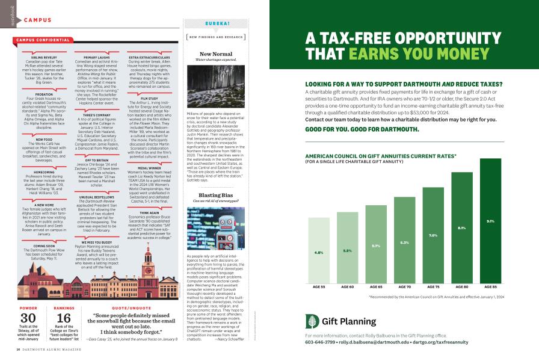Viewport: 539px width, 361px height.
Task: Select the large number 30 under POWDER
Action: click(28, 319)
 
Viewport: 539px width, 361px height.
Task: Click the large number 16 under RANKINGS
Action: click(64, 319)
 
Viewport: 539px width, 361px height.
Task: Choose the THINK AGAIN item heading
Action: click(149, 196)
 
